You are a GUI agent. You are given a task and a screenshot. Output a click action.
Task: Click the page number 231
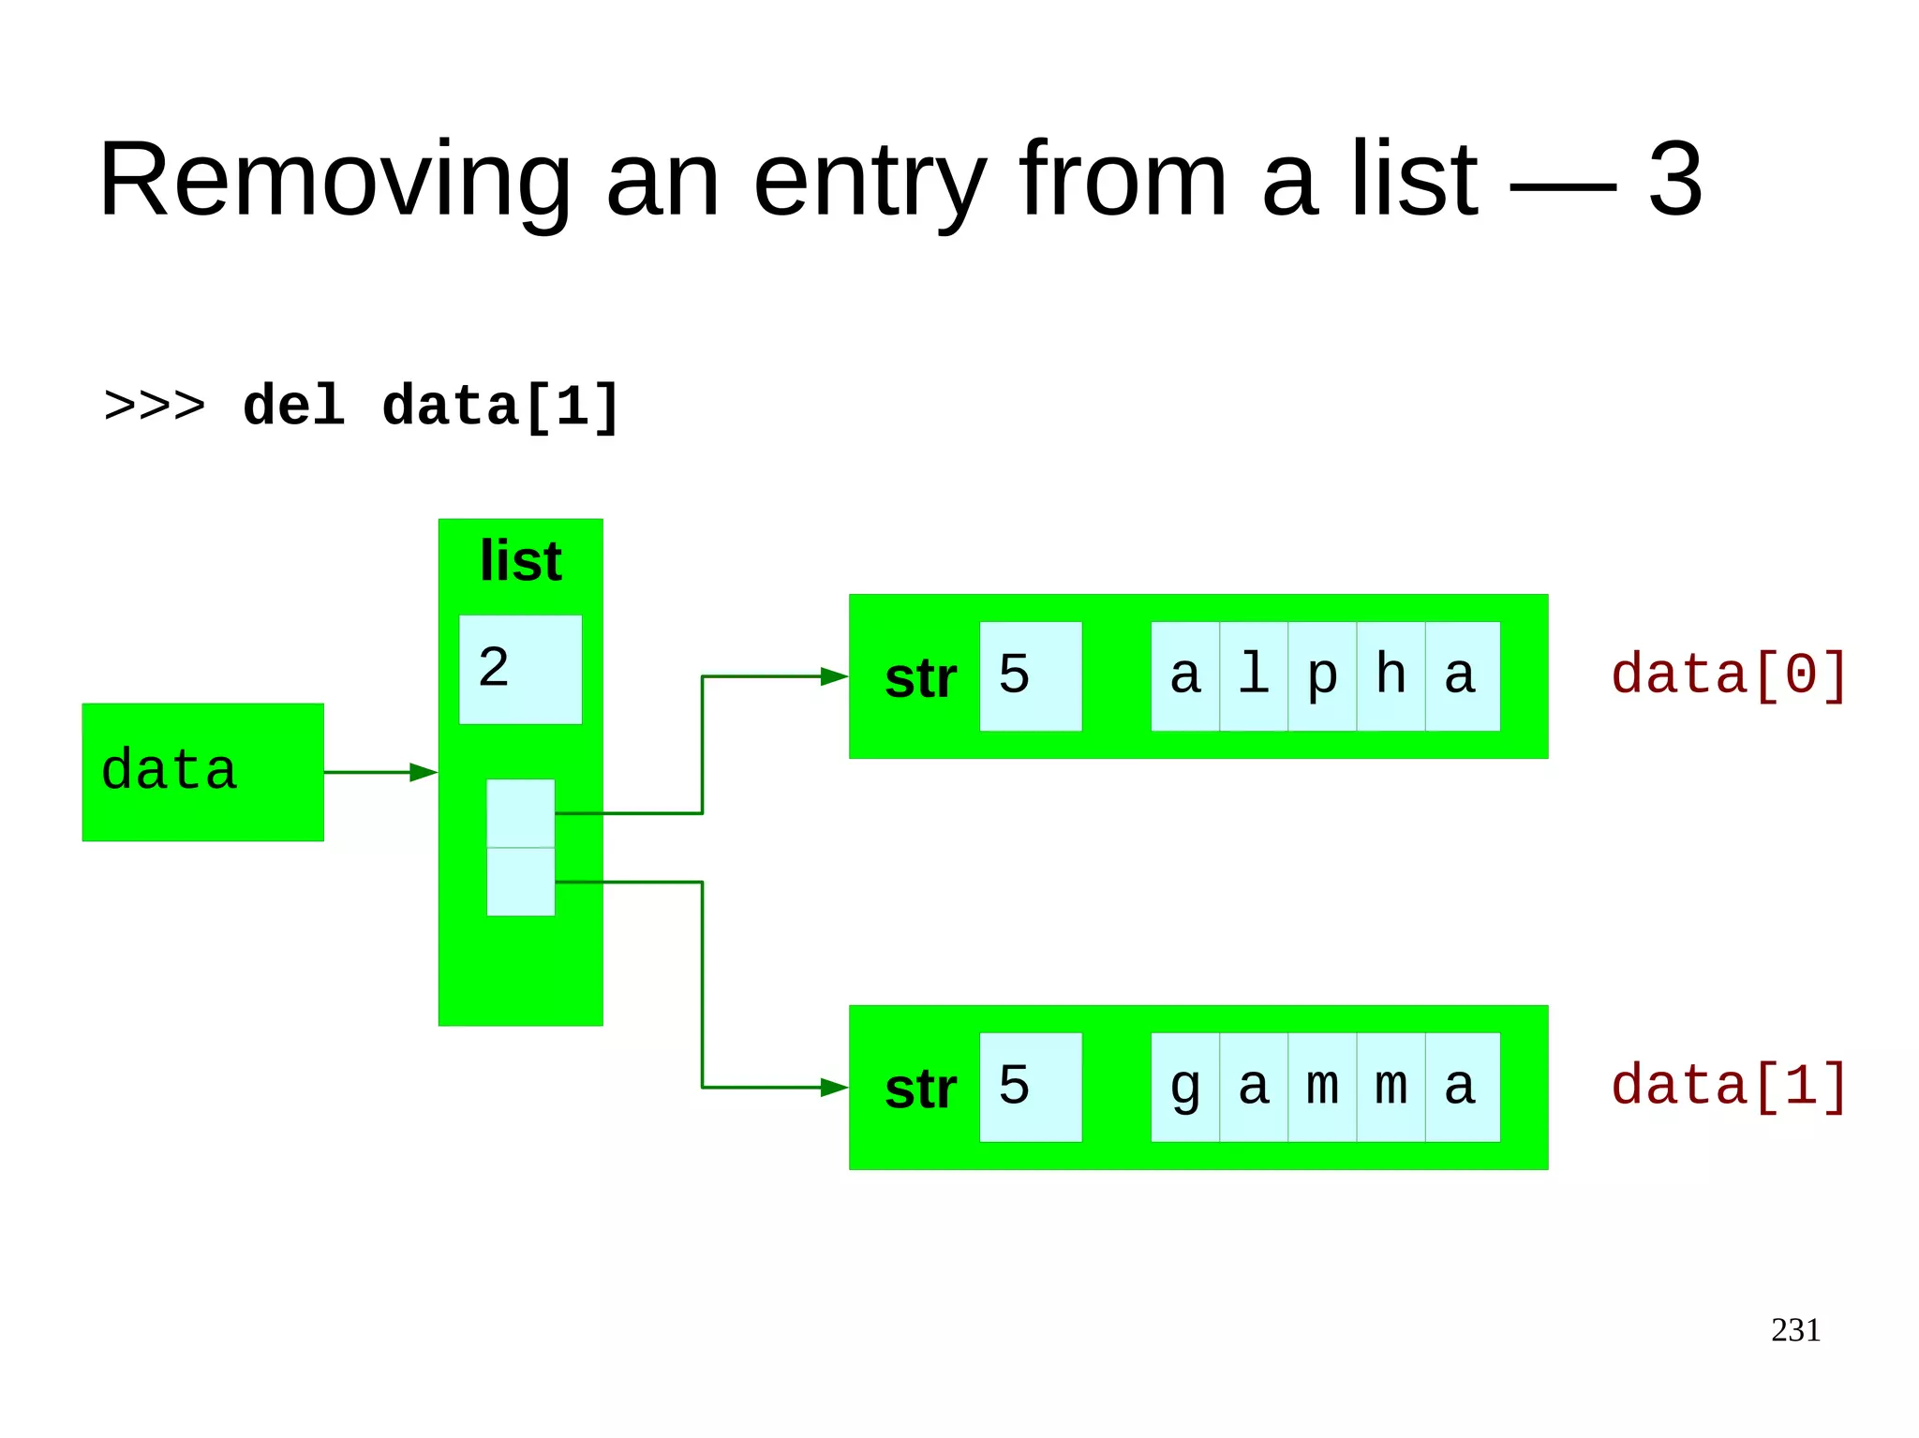[1794, 1330]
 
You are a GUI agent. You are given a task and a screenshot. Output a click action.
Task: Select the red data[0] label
[1729, 675]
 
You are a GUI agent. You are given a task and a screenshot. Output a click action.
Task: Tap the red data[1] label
[1729, 1086]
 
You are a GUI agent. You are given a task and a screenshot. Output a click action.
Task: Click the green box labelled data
[202, 772]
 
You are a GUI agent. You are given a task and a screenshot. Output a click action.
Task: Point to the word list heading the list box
[520, 561]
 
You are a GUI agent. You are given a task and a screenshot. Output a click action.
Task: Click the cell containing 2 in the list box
[520, 669]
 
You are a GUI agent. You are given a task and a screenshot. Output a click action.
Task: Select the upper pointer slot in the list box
[520, 813]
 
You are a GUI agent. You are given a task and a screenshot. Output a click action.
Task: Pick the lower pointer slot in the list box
[520, 882]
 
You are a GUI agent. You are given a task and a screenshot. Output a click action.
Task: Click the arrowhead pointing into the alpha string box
[833, 676]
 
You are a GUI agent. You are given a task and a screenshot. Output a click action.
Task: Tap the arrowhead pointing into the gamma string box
[833, 1088]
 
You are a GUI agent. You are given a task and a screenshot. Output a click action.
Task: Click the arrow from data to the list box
[379, 772]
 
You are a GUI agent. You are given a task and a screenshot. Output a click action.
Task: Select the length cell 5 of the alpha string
[1030, 675]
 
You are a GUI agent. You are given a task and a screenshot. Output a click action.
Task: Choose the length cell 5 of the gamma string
[1030, 1087]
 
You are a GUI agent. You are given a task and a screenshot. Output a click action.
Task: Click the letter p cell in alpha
[1322, 675]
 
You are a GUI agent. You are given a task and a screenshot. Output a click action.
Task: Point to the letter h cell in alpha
[1391, 675]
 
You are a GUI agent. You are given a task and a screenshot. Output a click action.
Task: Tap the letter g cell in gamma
[1185, 1087]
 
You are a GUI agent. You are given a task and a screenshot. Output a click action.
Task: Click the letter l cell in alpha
[1254, 675]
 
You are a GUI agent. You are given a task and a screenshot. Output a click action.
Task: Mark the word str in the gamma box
[920, 1090]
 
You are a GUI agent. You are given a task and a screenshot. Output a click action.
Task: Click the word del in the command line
[293, 407]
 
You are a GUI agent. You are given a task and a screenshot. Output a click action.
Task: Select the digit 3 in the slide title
[1674, 179]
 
